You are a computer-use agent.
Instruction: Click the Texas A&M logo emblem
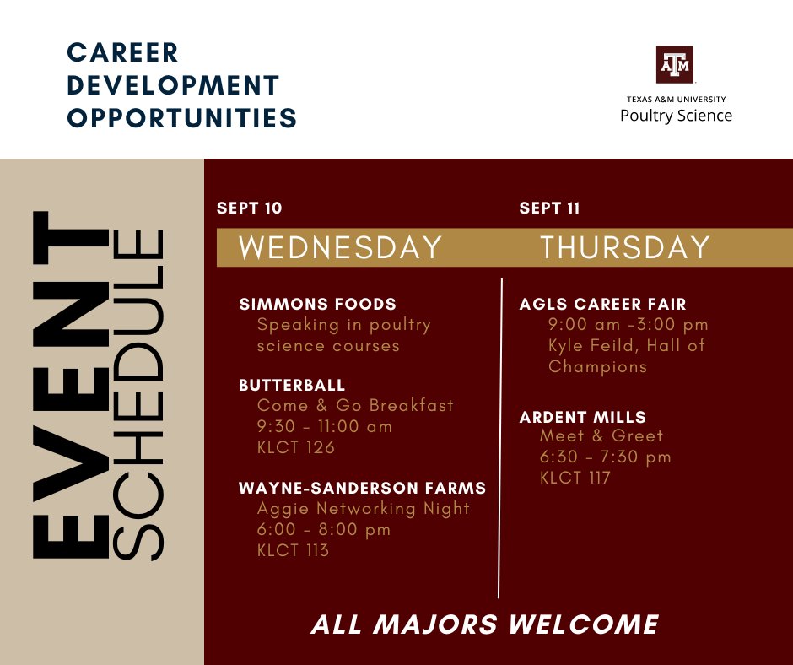(x=675, y=64)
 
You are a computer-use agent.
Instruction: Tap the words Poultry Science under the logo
(x=676, y=116)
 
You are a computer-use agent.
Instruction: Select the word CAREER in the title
(x=123, y=52)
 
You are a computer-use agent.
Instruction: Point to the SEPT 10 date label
(x=250, y=208)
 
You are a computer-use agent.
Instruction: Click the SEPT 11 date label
(x=550, y=208)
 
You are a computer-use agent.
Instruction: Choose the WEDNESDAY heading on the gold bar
(x=341, y=248)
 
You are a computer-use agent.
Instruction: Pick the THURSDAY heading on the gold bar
(x=625, y=248)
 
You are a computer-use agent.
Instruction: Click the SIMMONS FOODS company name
(x=318, y=304)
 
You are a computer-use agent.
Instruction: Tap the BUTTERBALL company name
(x=292, y=385)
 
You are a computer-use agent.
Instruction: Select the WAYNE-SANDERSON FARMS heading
(x=363, y=488)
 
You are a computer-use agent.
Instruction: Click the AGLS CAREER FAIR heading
(x=603, y=304)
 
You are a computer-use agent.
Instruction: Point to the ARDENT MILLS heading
(x=583, y=417)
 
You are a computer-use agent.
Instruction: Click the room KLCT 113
(x=293, y=550)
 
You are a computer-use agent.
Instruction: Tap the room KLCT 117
(x=575, y=478)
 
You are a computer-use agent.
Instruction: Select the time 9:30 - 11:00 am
(x=325, y=426)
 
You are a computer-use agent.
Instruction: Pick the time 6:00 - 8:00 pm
(x=324, y=529)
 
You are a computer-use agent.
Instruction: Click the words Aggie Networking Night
(x=364, y=508)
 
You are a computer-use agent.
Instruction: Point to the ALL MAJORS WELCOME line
(x=485, y=624)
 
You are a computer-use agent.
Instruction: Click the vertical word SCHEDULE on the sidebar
(x=138, y=397)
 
